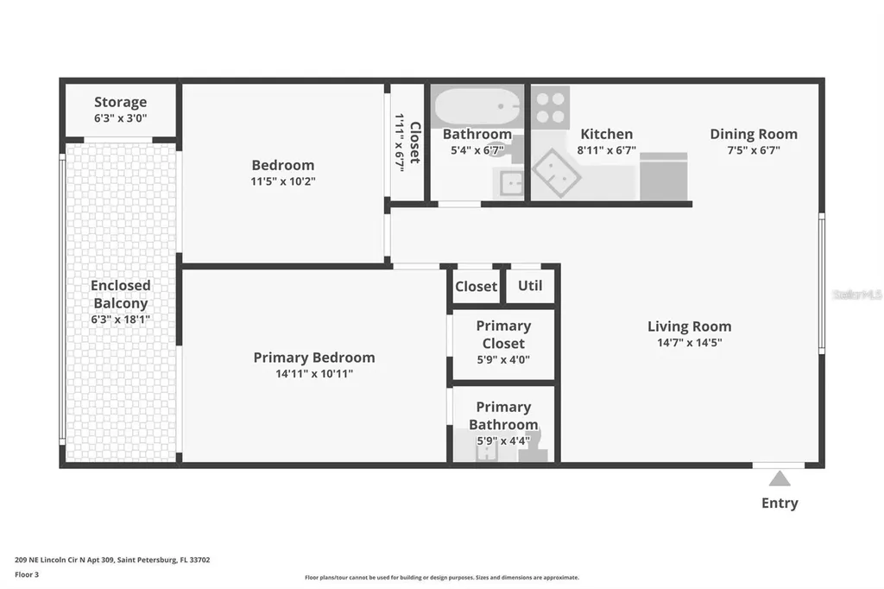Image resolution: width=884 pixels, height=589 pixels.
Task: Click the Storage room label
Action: click(x=120, y=102)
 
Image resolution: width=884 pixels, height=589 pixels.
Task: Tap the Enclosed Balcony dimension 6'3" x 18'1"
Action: click(x=120, y=320)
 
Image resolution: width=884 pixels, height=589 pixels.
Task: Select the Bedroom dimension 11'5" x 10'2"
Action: click(x=283, y=181)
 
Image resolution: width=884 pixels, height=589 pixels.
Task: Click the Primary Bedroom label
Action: click(x=314, y=358)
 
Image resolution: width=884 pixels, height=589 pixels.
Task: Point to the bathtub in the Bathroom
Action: click(x=477, y=106)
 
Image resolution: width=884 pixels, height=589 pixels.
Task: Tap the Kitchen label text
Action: click(x=607, y=134)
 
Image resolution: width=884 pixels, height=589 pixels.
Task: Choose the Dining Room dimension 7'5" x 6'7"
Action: click(x=754, y=150)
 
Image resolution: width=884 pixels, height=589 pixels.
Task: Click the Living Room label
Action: click(x=690, y=326)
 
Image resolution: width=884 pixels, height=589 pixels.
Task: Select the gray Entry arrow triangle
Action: click(x=780, y=479)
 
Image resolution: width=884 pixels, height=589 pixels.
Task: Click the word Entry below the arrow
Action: click(x=780, y=503)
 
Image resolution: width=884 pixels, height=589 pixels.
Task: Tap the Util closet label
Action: click(x=530, y=286)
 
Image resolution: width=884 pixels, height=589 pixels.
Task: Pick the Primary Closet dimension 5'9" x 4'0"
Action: click(x=503, y=359)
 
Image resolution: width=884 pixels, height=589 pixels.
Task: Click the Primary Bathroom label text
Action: click(x=503, y=415)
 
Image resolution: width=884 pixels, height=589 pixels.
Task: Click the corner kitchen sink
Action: click(x=557, y=174)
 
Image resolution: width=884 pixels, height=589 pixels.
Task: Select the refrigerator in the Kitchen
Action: click(x=664, y=176)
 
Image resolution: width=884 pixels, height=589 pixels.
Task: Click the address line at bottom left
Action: click(x=112, y=560)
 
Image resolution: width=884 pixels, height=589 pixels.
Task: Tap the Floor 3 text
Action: click(x=27, y=574)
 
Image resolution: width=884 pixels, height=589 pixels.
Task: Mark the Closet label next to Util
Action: click(x=477, y=287)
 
